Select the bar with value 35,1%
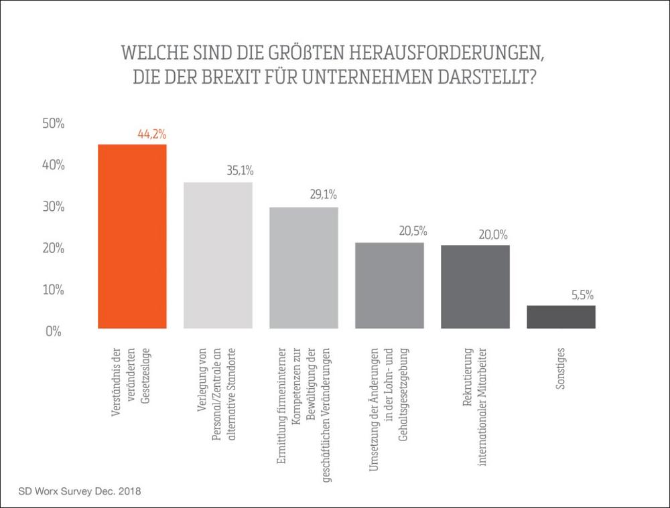pyautogui.click(x=218, y=255)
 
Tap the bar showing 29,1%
pyautogui.click(x=304, y=268)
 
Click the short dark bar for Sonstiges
pyautogui.click(x=561, y=317)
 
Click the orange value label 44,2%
pyautogui.click(x=151, y=134)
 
